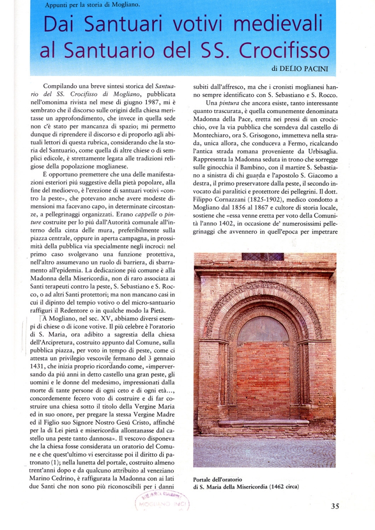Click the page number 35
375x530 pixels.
pyautogui.click(x=335, y=507)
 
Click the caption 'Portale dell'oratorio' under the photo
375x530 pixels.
pyautogui.click(x=218, y=479)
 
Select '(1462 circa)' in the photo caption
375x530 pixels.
pyautogui.click(x=281, y=487)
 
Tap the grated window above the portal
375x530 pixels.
pyautogui.click(x=263, y=257)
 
